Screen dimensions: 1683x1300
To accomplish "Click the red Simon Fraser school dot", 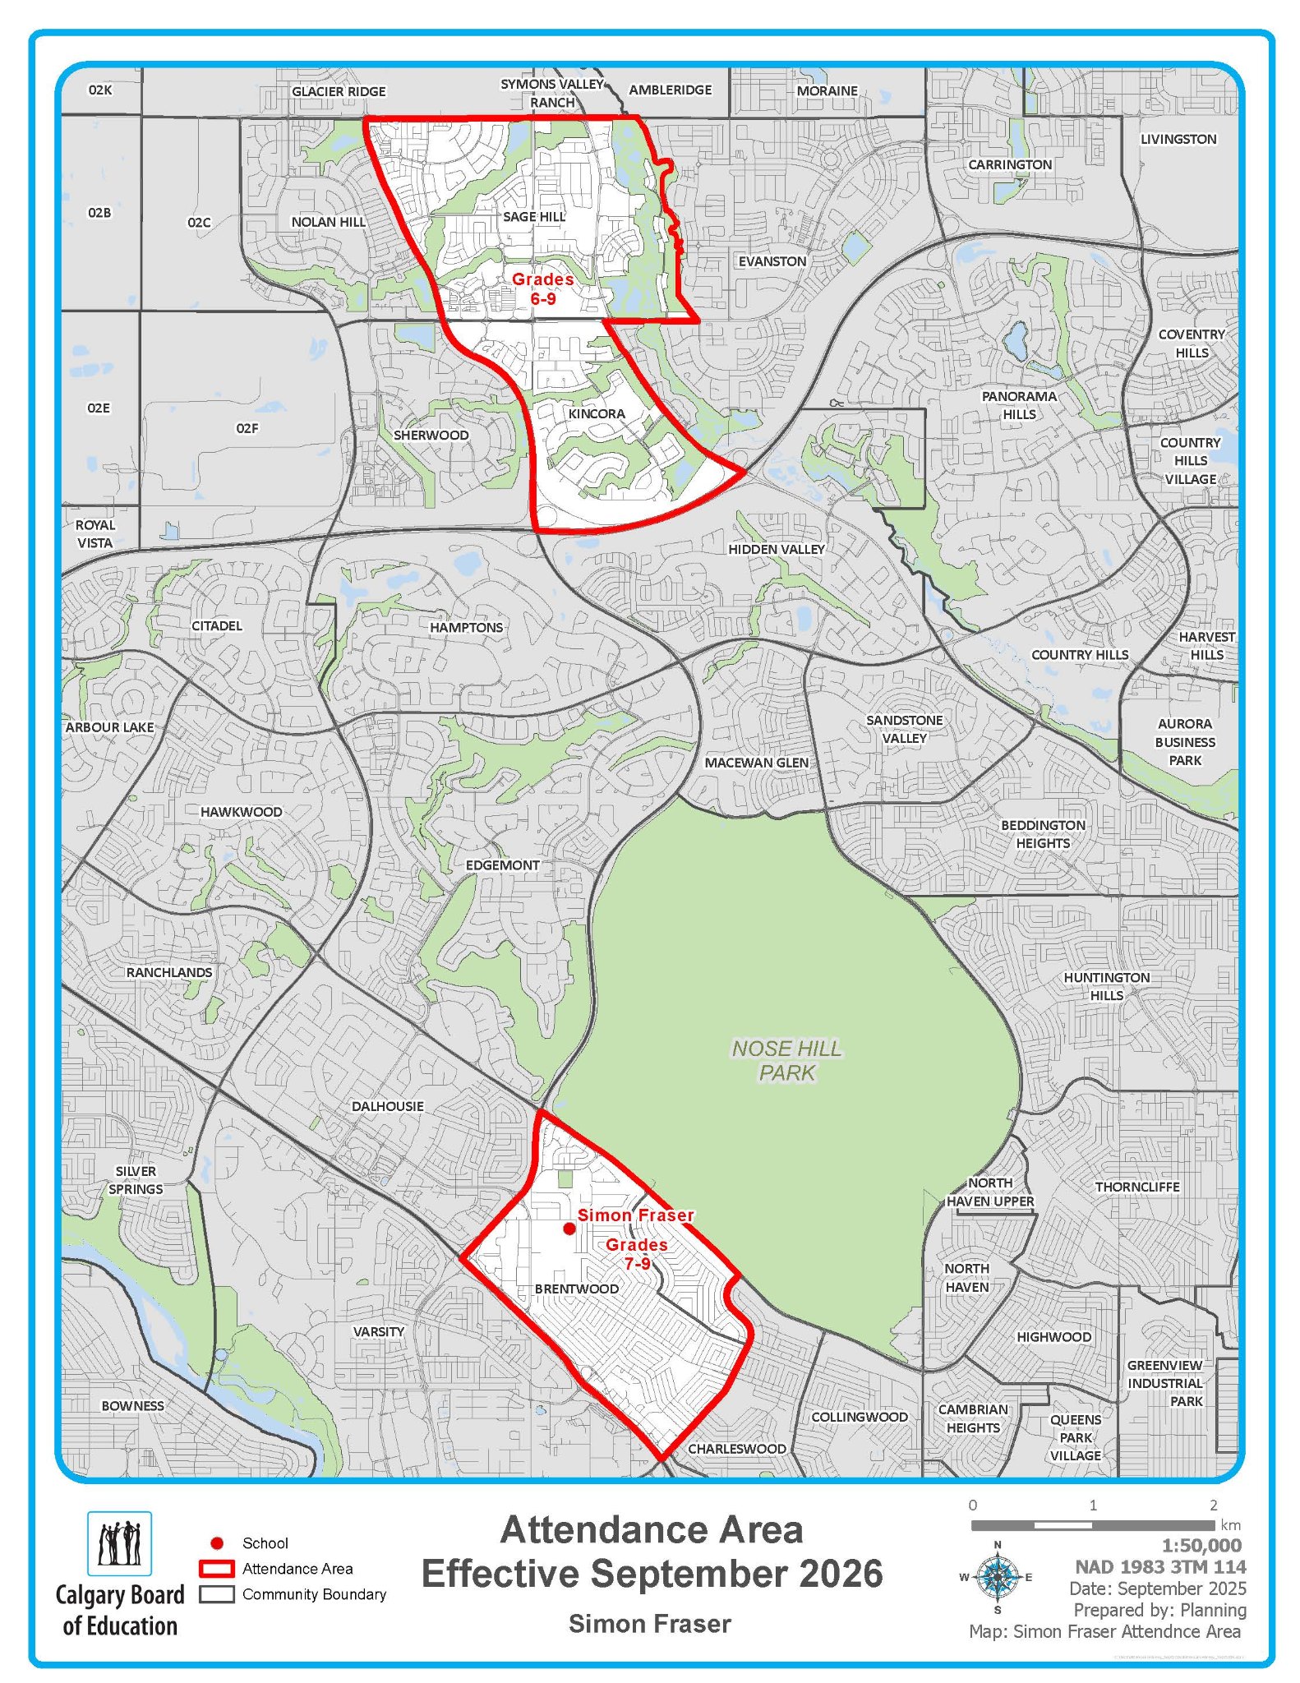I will (569, 1229).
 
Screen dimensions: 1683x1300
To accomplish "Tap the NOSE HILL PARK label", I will (786, 1060).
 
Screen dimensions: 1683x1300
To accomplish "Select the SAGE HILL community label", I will (534, 216).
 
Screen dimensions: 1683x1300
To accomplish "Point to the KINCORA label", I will (597, 413).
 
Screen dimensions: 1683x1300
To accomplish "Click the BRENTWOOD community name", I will (577, 1289).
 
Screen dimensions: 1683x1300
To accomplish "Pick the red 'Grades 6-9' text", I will (542, 288).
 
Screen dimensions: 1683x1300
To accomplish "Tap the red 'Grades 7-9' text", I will (637, 1253).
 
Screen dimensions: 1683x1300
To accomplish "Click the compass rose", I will (998, 1577).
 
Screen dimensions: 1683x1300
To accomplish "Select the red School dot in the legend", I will (217, 1543).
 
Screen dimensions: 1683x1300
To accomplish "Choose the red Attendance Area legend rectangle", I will (217, 1569).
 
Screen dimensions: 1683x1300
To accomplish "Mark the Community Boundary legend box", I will (217, 1594).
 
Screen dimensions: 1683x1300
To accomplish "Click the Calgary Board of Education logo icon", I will (120, 1543).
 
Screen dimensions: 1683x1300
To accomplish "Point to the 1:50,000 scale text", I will (1201, 1545).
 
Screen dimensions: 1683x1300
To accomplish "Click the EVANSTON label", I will (772, 261).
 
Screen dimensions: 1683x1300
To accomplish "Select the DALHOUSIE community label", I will (388, 1106).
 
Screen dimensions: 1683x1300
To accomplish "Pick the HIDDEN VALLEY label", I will (777, 549).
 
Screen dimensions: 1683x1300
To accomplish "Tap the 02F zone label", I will (247, 428).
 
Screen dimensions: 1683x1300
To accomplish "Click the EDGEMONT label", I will (503, 865).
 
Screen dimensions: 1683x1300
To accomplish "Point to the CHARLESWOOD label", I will (737, 1449).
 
